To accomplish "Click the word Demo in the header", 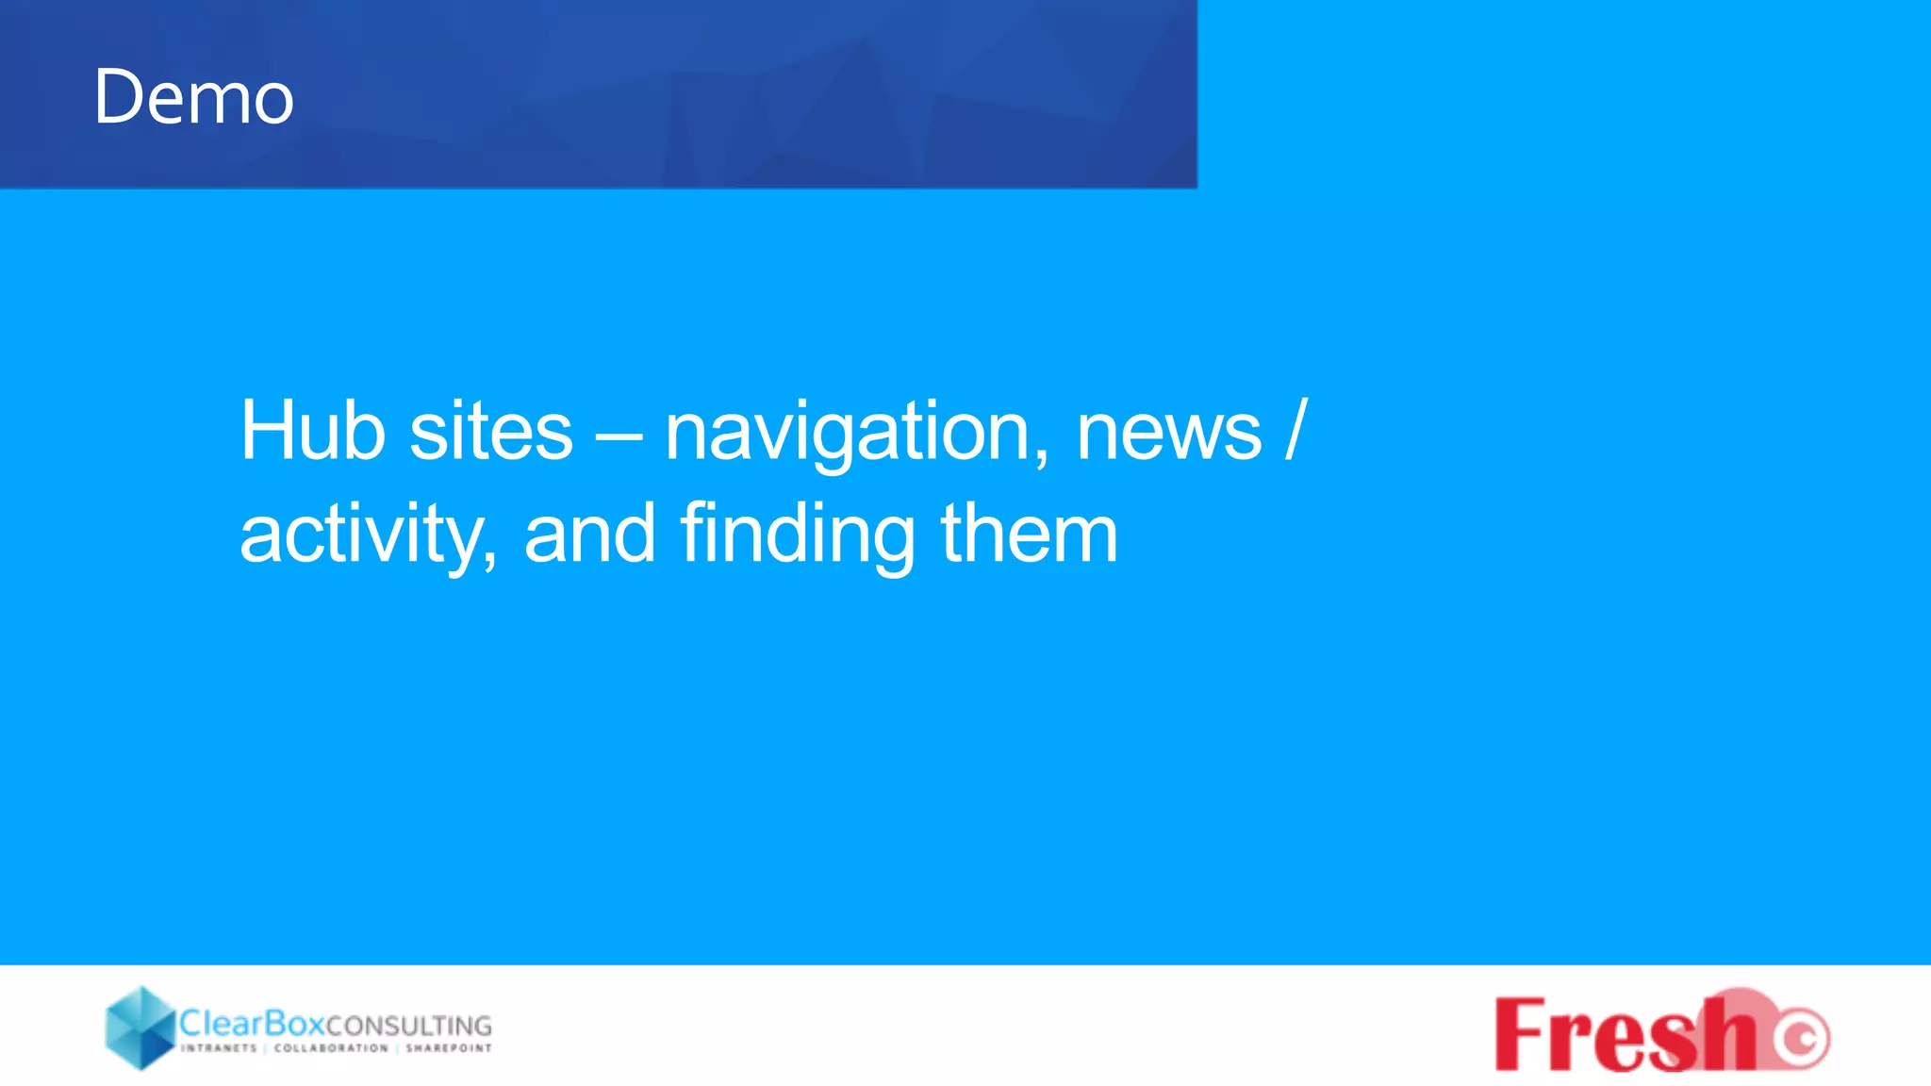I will pyautogui.click(x=194, y=97).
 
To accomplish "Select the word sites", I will pyautogui.click(x=491, y=431).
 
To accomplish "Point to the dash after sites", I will pyautogui.click(x=619, y=436).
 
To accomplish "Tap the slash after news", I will pyautogui.click(x=1296, y=431).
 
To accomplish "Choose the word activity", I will pyautogui.click(x=368, y=535).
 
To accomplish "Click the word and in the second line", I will pyautogui.click(x=589, y=534).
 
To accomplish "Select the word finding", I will pyautogui.click(x=797, y=535).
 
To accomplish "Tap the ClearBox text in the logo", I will pyautogui.click(x=252, y=1023).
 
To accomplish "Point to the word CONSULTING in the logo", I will pyautogui.click(x=408, y=1026).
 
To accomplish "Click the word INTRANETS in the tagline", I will pyautogui.click(x=219, y=1048).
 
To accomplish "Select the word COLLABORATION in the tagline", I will pyautogui.click(x=331, y=1048).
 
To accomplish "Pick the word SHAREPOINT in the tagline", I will pyautogui.click(x=449, y=1048).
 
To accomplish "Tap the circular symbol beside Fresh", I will pyautogui.click(x=1801, y=1038).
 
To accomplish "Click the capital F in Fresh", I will pyautogui.click(x=1520, y=1034).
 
